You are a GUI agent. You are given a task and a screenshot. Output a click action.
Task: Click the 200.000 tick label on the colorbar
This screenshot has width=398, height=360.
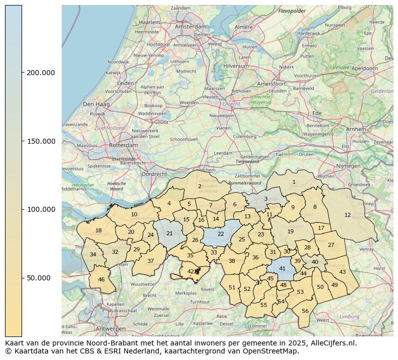pyautogui.click(x=41, y=73)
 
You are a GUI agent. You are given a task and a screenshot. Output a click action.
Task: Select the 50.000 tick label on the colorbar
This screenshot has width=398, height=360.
pyautogui.click(x=39, y=278)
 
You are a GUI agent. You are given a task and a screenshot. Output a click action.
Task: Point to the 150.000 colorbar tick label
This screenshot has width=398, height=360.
pyautogui.click(x=41, y=141)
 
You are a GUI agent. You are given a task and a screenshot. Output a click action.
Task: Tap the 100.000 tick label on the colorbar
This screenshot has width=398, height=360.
pyautogui.click(x=41, y=210)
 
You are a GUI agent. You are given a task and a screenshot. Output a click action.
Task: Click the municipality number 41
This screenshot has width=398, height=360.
pyautogui.click(x=282, y=268)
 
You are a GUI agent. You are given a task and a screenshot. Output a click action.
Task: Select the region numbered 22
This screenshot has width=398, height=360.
pyautogui.click(x=221, y=234)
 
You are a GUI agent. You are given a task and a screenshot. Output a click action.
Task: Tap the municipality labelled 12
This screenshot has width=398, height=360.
pyautogui.click(x=347, y=215)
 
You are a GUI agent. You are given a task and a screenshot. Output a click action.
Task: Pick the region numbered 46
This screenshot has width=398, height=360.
pyautogui.click(x=101, y=279)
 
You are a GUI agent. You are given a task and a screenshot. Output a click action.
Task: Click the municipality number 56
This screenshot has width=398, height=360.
pyautogui.click(x=305, y=311)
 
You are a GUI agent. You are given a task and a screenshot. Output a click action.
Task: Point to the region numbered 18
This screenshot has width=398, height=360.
pyautogui.click(x=98, y=231)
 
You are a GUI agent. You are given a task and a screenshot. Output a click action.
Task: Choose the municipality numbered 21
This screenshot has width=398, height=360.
pyautogui.click(x=169, y=233)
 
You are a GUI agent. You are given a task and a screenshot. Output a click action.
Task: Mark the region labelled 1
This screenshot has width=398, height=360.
pyautogui.click(x=294, y=182)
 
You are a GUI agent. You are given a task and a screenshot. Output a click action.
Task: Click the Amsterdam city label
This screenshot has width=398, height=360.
pyautogui.click(x=190, y=26)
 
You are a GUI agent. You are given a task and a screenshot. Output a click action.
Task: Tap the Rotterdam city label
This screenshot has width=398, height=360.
pyautogui.click(x=123, y=145)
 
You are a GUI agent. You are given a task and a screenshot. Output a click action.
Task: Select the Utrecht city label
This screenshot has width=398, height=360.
pyautogui.click(x=232, y=104)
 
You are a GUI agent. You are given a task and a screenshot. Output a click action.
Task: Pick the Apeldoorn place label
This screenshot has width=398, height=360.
pyautogui.click(x=364, y=68)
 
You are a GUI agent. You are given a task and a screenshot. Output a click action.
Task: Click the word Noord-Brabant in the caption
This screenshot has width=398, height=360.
pyautogui.click(x=123, y=343)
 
